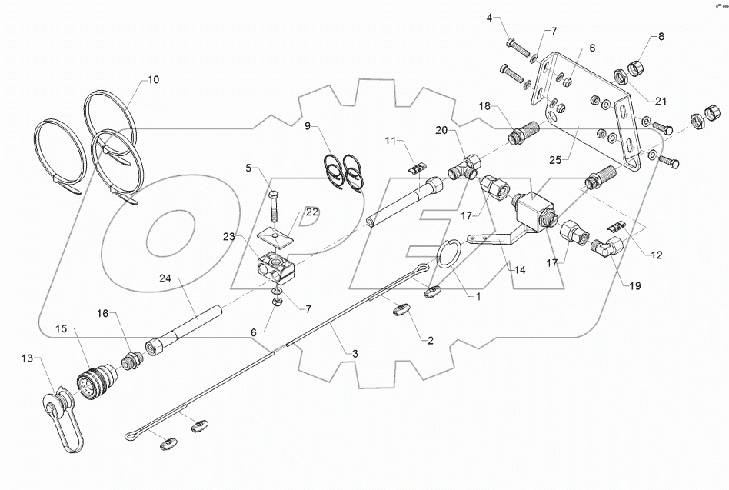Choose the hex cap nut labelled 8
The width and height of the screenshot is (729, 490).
coord(638,68)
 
